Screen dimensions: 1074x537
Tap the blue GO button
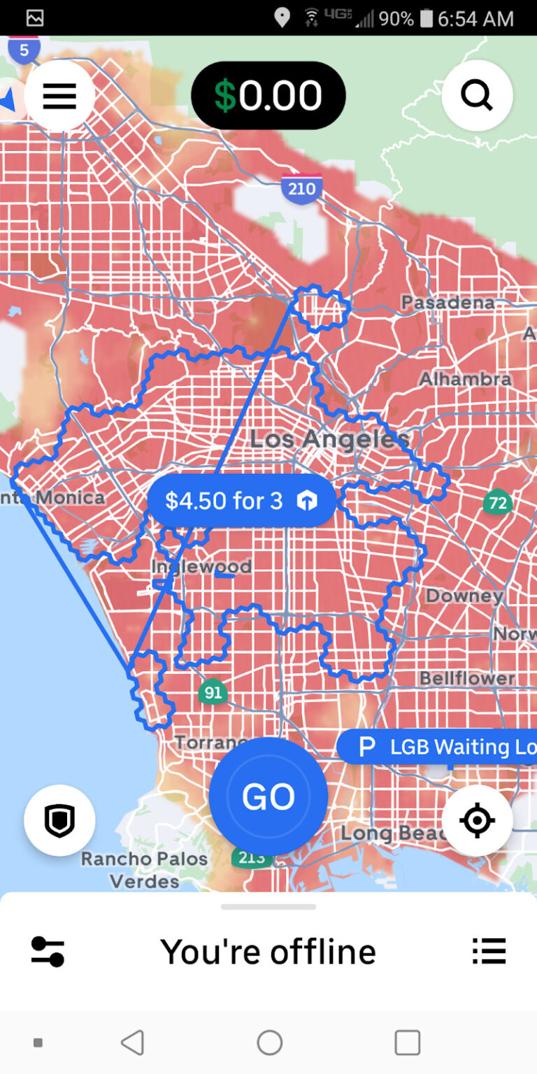268,796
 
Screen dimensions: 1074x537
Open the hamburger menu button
59,96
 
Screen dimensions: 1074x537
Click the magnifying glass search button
477,96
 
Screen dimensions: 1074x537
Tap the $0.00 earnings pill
268,96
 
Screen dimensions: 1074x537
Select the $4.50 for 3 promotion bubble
241,501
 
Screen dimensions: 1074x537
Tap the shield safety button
59,821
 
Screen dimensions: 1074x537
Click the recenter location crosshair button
477,820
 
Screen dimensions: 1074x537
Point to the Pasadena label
448,303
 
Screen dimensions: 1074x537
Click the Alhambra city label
465,379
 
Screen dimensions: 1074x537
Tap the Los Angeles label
329,439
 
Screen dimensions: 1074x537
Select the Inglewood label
201,566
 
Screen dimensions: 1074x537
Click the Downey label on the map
464,596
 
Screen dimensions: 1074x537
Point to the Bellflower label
467,678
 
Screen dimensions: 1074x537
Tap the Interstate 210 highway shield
302,188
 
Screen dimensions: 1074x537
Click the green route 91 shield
213,693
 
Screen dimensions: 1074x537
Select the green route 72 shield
497,503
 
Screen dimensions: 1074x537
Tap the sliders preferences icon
48,952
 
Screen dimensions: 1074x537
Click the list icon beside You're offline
489,951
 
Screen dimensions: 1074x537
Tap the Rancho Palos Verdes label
145,870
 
